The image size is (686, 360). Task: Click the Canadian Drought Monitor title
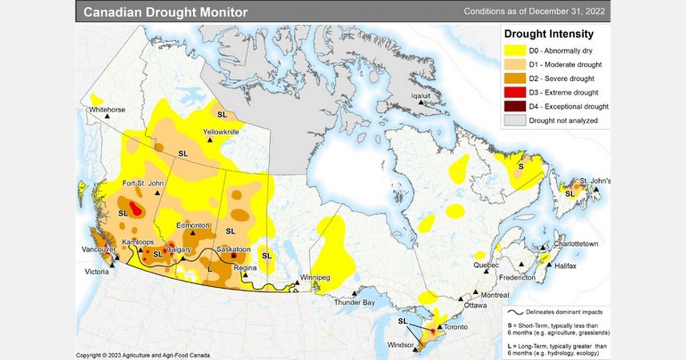166,11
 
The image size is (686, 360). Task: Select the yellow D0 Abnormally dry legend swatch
515,51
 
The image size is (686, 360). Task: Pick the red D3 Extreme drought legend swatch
515,92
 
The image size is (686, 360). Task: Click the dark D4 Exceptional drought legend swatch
515,106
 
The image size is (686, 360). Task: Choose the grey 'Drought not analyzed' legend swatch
515,121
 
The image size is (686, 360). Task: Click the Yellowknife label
221,132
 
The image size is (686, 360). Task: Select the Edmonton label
193,226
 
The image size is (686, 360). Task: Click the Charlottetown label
575,244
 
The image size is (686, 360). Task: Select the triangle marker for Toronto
440,327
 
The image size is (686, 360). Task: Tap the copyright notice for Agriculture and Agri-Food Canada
143,355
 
